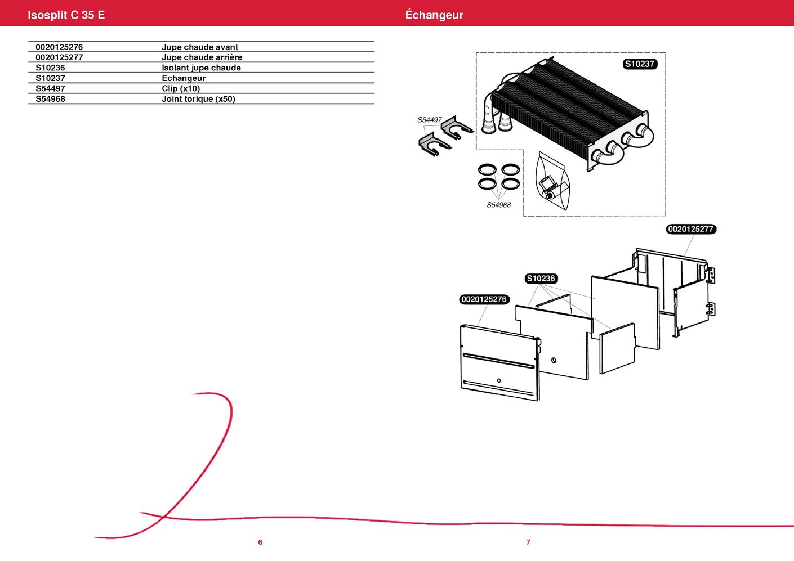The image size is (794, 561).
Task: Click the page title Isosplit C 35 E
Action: [66, 15]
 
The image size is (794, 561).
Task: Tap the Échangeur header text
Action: [434, 15]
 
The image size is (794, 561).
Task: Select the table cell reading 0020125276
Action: [59, 47]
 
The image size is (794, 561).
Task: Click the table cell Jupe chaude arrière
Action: [202, 57]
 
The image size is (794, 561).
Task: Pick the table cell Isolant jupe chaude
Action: [201, 68]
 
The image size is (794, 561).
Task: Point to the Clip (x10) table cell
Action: [181, 88]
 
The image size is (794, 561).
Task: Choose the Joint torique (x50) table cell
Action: [198, 99]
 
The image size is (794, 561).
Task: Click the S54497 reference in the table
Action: [50, 88]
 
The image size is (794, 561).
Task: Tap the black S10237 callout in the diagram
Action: [640, 64]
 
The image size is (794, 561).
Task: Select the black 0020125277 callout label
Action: [691, 229]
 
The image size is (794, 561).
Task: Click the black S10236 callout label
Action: [541, 279]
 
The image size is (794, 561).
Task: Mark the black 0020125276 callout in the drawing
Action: [484, 299]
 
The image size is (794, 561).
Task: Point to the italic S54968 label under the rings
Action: [498, 205]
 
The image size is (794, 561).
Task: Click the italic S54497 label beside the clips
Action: [429, 120]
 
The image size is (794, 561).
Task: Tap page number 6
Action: [260, 542]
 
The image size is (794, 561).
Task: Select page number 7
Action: [528, 542]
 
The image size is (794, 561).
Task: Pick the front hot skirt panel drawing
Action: [498, 363]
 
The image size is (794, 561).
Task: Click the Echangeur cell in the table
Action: [184, 78]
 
